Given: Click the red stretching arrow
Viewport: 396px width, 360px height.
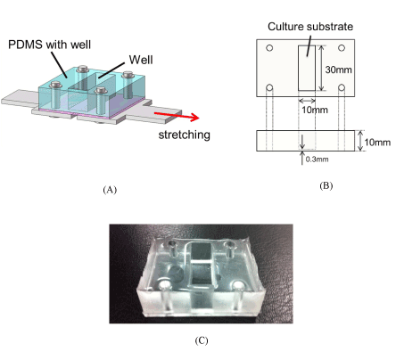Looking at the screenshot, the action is point(177,116).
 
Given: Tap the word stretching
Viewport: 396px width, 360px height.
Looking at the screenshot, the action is point(185,135).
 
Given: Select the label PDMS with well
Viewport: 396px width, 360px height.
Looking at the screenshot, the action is point(49,45).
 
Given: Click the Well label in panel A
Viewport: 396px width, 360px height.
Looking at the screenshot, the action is point(141,60).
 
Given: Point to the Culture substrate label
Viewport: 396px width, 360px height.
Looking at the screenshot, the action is point(310,27).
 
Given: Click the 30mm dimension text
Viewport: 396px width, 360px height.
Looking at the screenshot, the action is point(339,70).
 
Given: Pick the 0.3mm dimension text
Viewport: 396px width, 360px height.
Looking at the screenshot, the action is point(318,160).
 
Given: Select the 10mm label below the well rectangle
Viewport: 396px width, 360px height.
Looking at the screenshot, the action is point(315,110).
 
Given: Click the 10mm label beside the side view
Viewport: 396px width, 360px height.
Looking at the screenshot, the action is point(377,143).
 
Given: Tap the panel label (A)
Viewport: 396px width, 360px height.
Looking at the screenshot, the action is point(110,190).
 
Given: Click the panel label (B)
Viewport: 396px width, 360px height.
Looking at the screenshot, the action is point(326,186).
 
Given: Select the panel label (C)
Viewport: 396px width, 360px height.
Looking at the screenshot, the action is point(202,340).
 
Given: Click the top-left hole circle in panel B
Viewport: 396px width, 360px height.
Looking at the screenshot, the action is point(269,48).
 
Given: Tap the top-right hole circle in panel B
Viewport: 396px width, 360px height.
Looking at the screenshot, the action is point(342,48).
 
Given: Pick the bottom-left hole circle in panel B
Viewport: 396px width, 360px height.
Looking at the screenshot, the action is point(269,87).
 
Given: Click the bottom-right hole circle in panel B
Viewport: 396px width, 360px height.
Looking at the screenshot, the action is point(342,87).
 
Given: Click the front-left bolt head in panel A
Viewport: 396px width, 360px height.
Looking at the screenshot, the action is point(55,85).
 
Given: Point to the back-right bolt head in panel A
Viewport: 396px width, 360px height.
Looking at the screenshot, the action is point(128,74).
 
